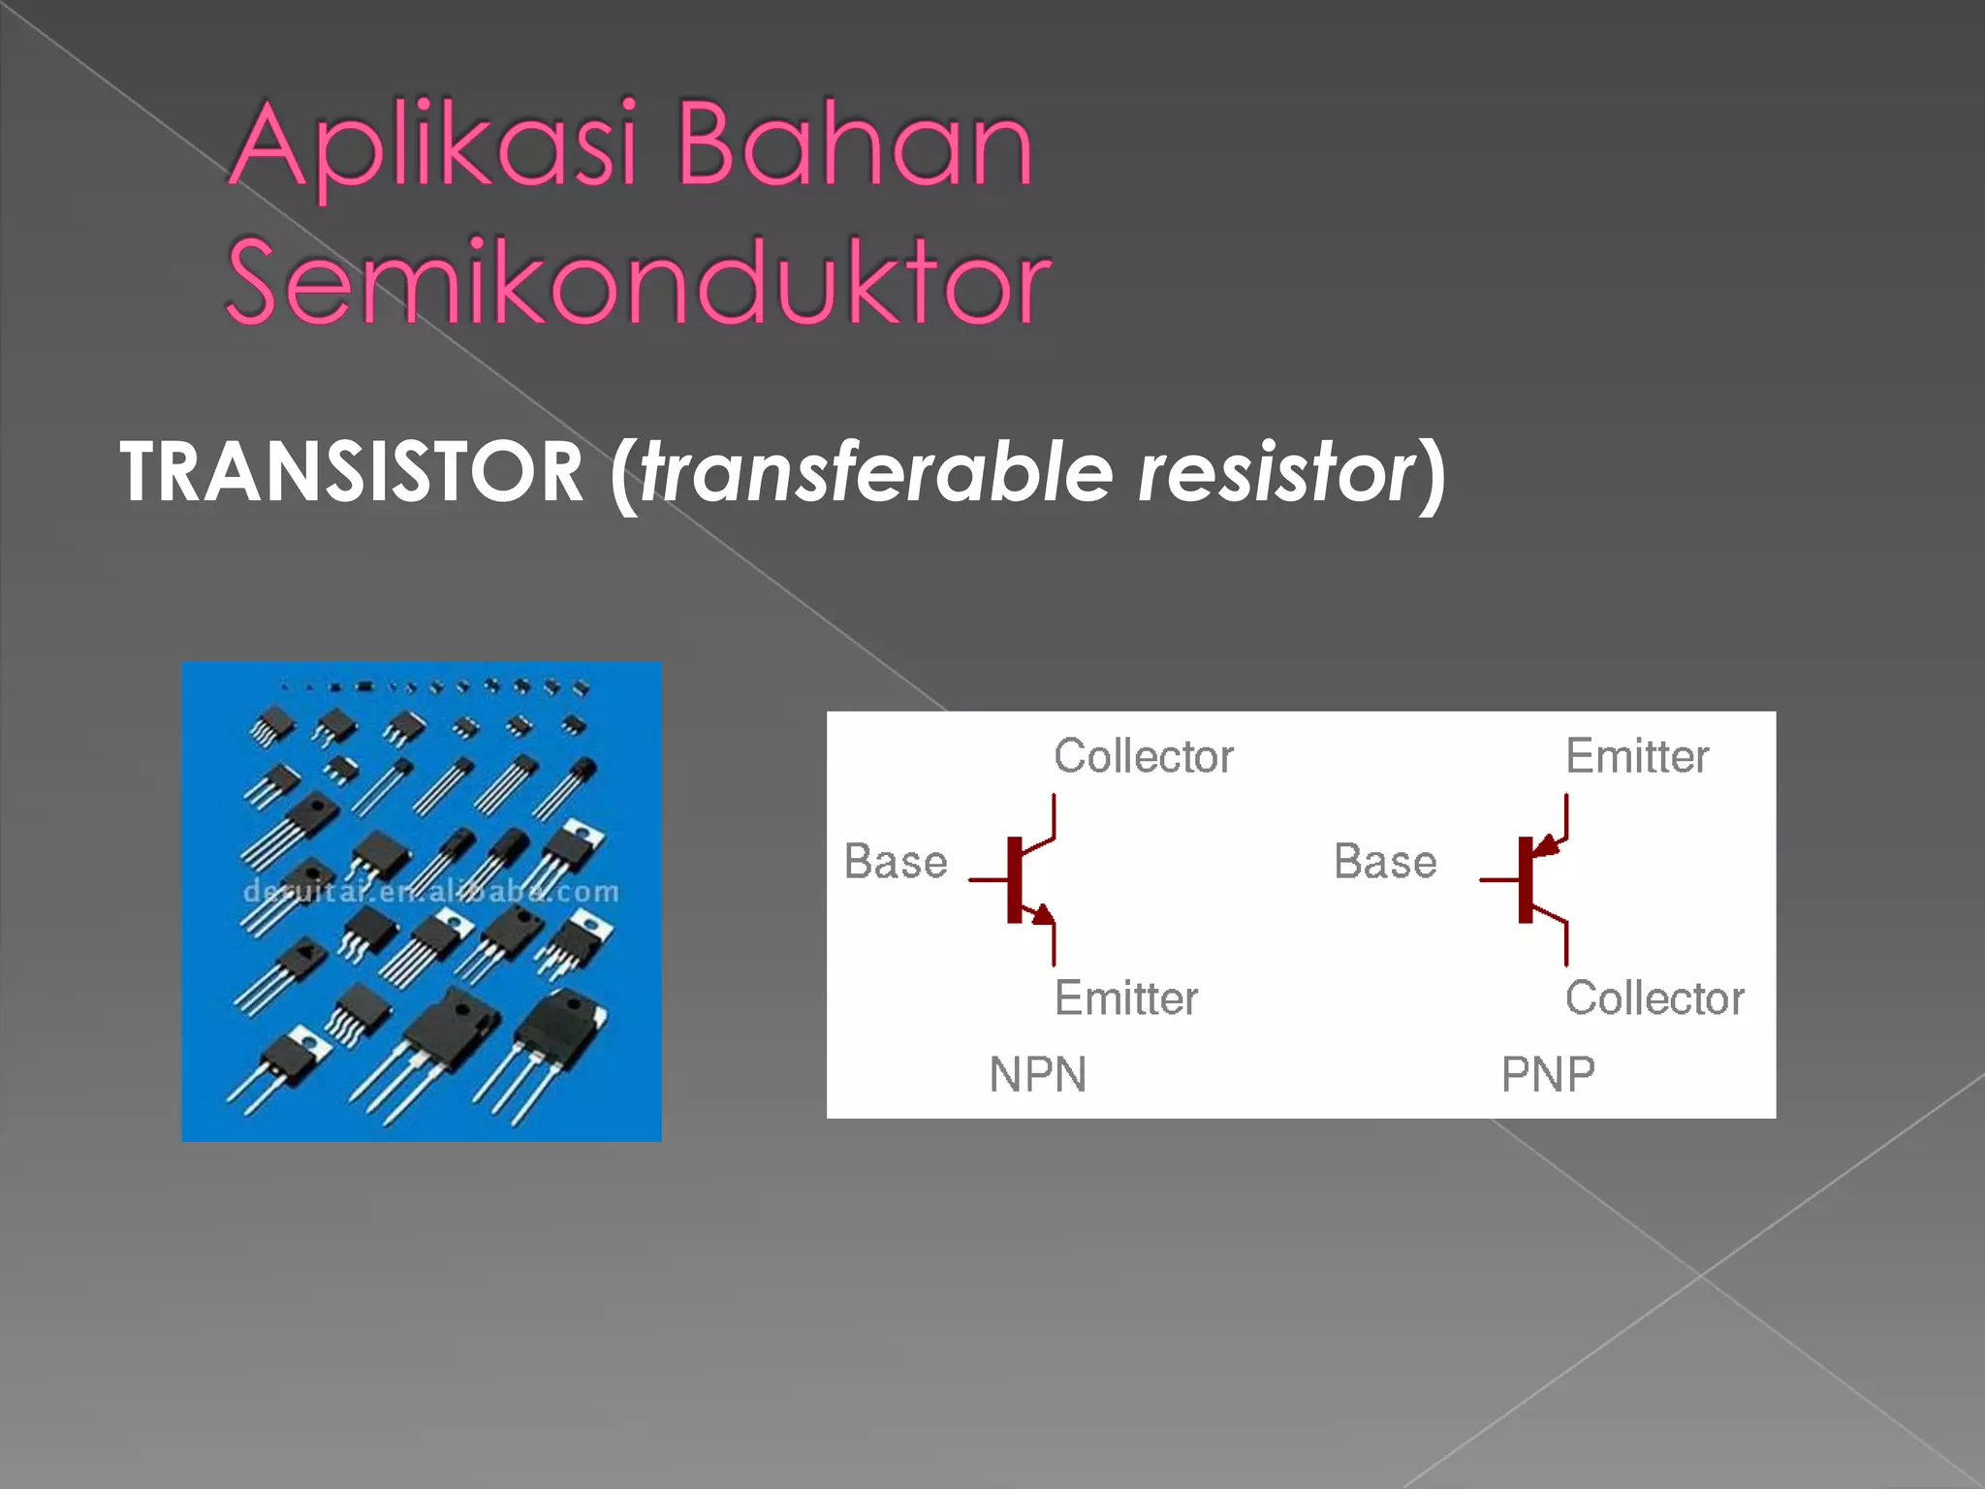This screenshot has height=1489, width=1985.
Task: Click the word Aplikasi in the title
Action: (x=433, y=145)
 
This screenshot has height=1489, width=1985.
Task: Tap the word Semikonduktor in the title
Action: (x=638, y=282)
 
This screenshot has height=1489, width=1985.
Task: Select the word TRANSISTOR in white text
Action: (x=351, y=472)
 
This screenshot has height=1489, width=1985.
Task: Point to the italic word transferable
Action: (x=876, y=472)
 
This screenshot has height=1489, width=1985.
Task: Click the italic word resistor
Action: (x=1276, y=472)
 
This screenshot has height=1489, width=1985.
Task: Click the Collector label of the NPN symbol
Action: (x=1144, y=756)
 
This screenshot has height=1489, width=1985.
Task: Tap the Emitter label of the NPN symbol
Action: (x=1126, y=998)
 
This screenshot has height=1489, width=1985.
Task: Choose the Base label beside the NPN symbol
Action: (x=896, y=862)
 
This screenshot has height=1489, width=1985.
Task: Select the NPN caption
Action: (x=1038, y=1074)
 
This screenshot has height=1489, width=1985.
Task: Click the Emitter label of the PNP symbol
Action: (x=1637, y=756)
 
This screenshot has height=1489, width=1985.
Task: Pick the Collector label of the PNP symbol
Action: (x=1654, y=998)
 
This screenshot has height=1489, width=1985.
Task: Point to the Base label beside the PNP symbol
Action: (x=1385, y=862)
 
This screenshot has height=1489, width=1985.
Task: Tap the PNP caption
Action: (x=1548, y=1074)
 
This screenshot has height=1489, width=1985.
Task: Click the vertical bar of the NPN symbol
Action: (x=1014, y=879)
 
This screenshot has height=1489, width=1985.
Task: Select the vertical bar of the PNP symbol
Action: (x=1526, y=879)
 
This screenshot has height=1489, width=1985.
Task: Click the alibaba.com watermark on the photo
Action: (x=430, y=891)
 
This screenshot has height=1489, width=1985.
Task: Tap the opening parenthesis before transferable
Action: (x=623, y=474)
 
